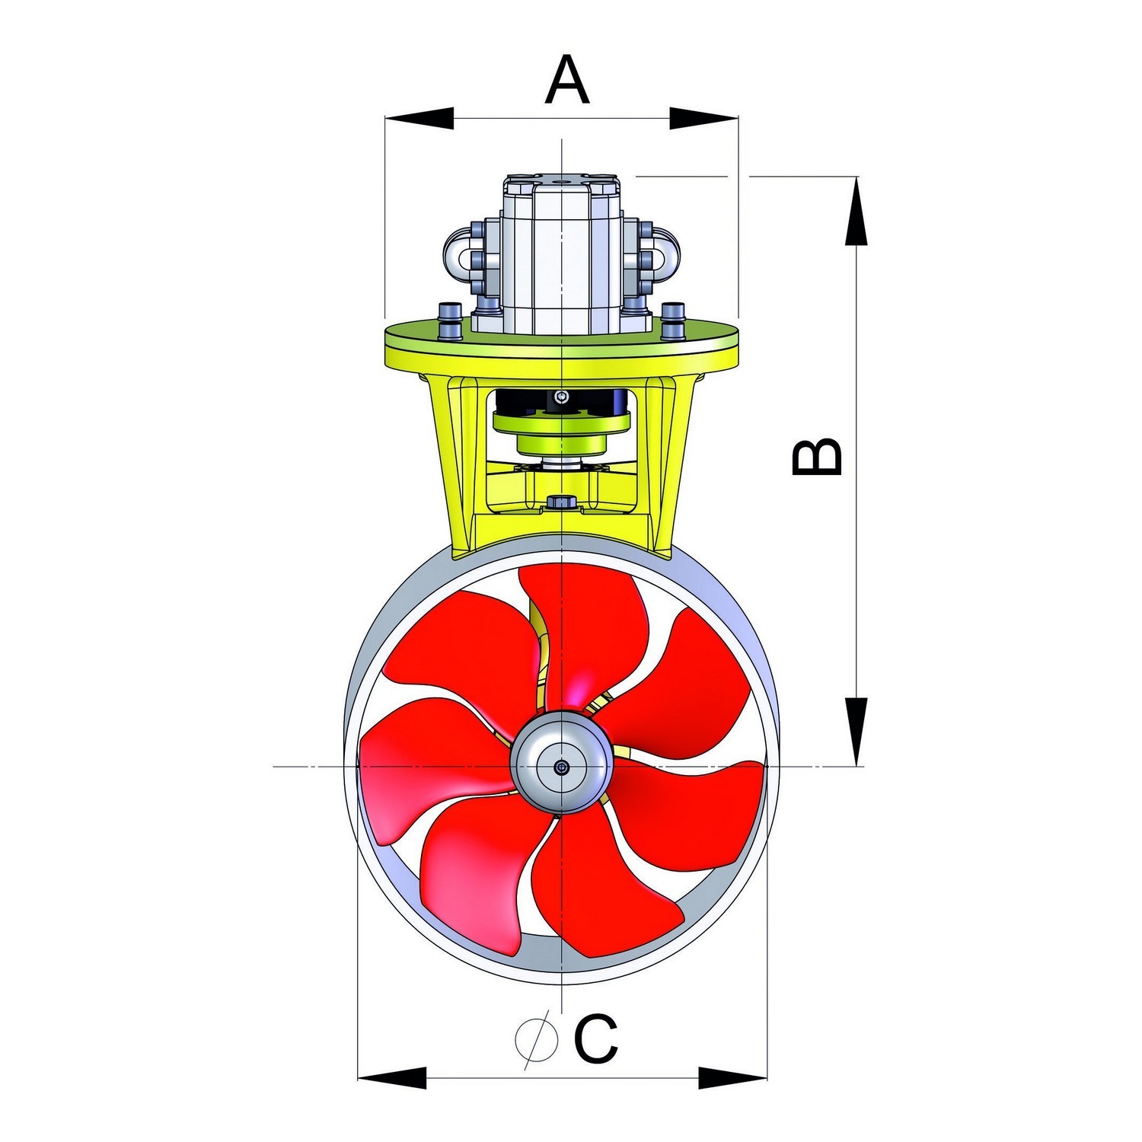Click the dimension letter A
coord(567,80)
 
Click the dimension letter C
coord(595,1038)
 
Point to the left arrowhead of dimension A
coord(419,118)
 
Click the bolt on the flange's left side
coord(449,320)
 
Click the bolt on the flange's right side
coord(673,320)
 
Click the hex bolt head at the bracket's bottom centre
coord(561,502)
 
